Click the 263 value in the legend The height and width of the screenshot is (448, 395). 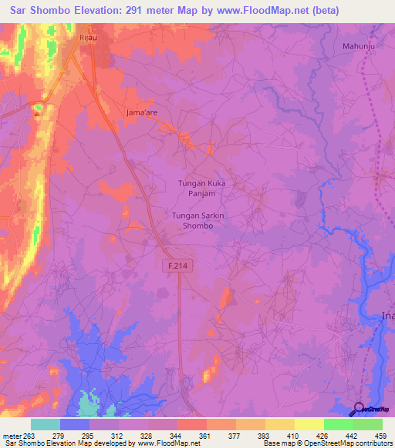(x=29, y=435)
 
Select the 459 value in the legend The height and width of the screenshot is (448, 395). (x=380, y=435)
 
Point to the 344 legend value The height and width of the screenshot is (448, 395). (x=176, y=435)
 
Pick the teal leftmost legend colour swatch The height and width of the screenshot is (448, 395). (x=46, y=424)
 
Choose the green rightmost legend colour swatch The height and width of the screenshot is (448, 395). (x=368, y=424)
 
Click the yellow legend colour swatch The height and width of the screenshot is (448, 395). (x=309, y=424)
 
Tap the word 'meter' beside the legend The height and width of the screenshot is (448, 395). (x=11, y=435)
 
